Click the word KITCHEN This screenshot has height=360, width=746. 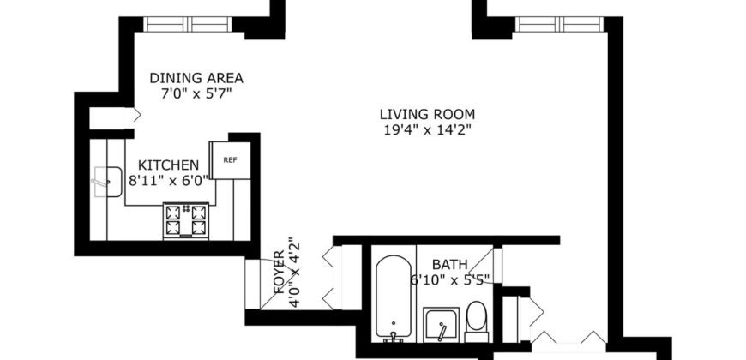coord(163,165)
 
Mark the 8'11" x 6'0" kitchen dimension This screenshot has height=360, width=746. coord(169,181)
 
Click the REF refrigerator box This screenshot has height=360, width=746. coord(231,159)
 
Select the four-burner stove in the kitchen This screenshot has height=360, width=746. coord(185,219)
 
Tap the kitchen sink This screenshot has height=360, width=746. coord(107,182)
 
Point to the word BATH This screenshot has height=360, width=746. coord(449,264)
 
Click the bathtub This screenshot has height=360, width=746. coord(394,296)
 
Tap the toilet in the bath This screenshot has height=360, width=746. coord(476,319)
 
